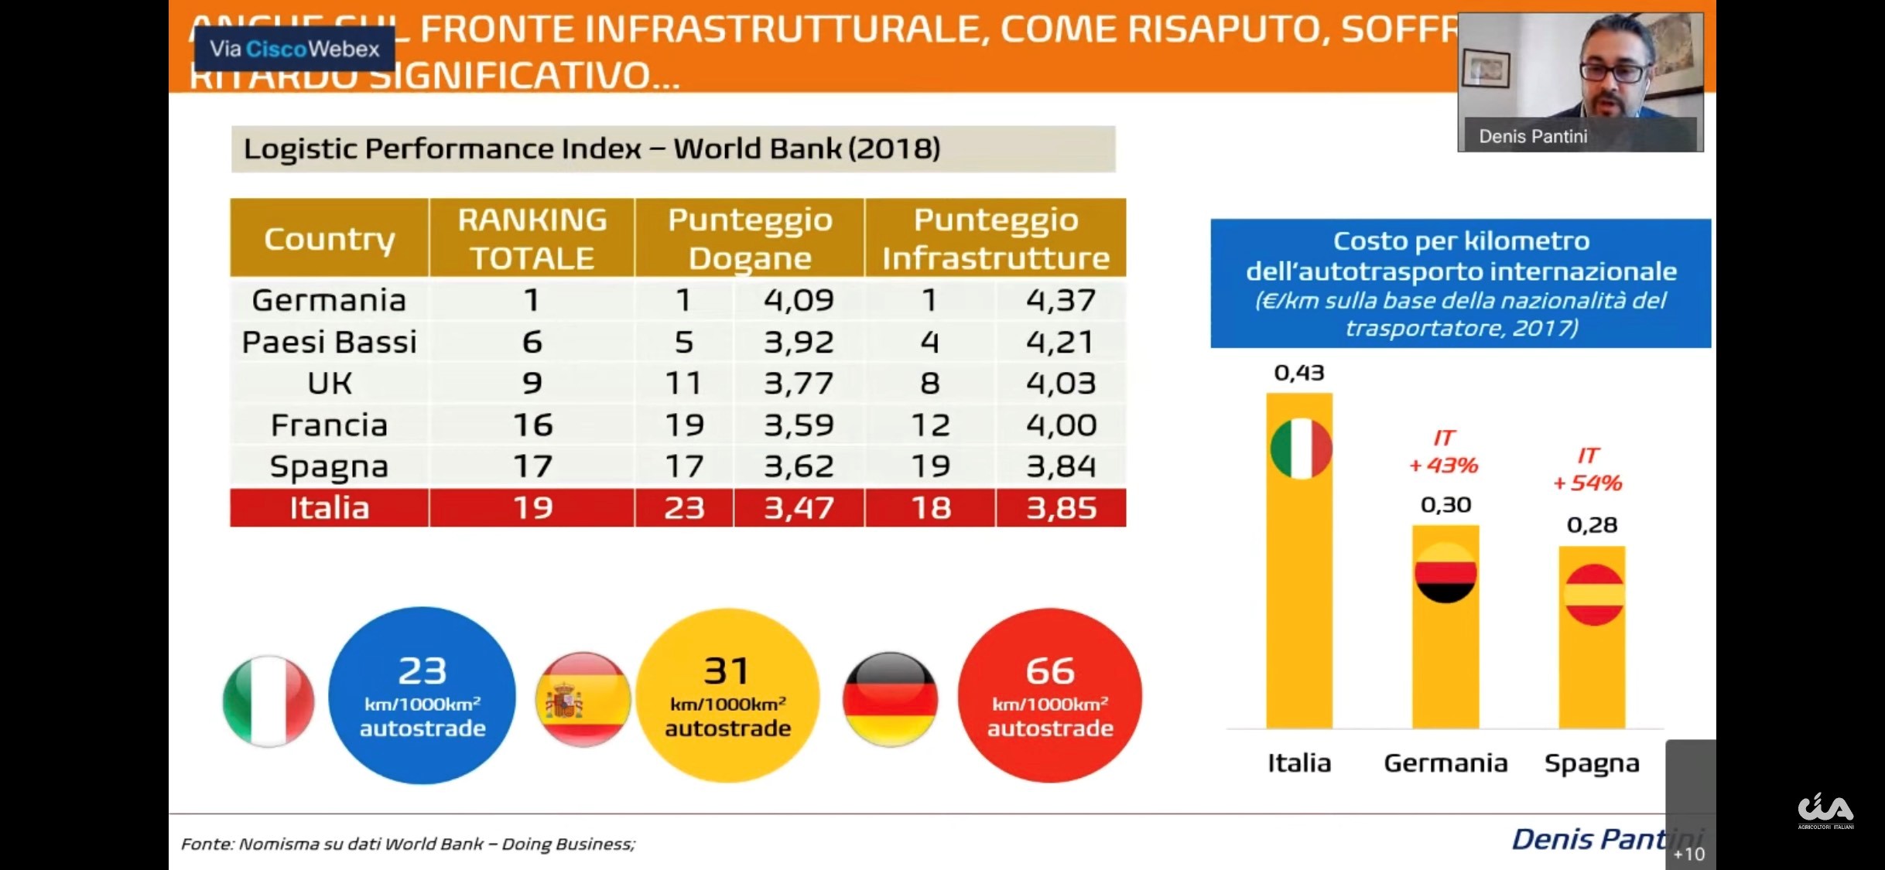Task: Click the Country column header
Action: tap(329, 239)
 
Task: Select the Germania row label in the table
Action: tap(329, 300)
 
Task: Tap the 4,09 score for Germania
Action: tap(799, 300)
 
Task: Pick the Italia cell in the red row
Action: tap(329, 508)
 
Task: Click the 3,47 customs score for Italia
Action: tap(799, 508)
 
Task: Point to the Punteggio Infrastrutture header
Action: tap(995, 238)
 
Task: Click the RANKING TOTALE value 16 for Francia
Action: tap(532, 425)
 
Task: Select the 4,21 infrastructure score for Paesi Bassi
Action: tap(1060, 342)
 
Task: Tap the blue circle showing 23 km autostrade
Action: tap(422, 695)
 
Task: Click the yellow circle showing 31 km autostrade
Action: tap(727, 695)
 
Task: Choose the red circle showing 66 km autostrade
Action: tap(1050, 695)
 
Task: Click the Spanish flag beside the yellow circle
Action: tap(583, 700)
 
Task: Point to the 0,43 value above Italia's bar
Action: tap(1299, 374)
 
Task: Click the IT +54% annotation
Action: tap(1588, 469)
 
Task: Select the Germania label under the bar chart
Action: tap(1445, 763)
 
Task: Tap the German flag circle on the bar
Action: tap(1445, 573)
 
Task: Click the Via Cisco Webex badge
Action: tap(294, 49)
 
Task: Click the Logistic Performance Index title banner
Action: tap(672, 148)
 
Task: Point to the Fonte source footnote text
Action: tap(408, 844)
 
